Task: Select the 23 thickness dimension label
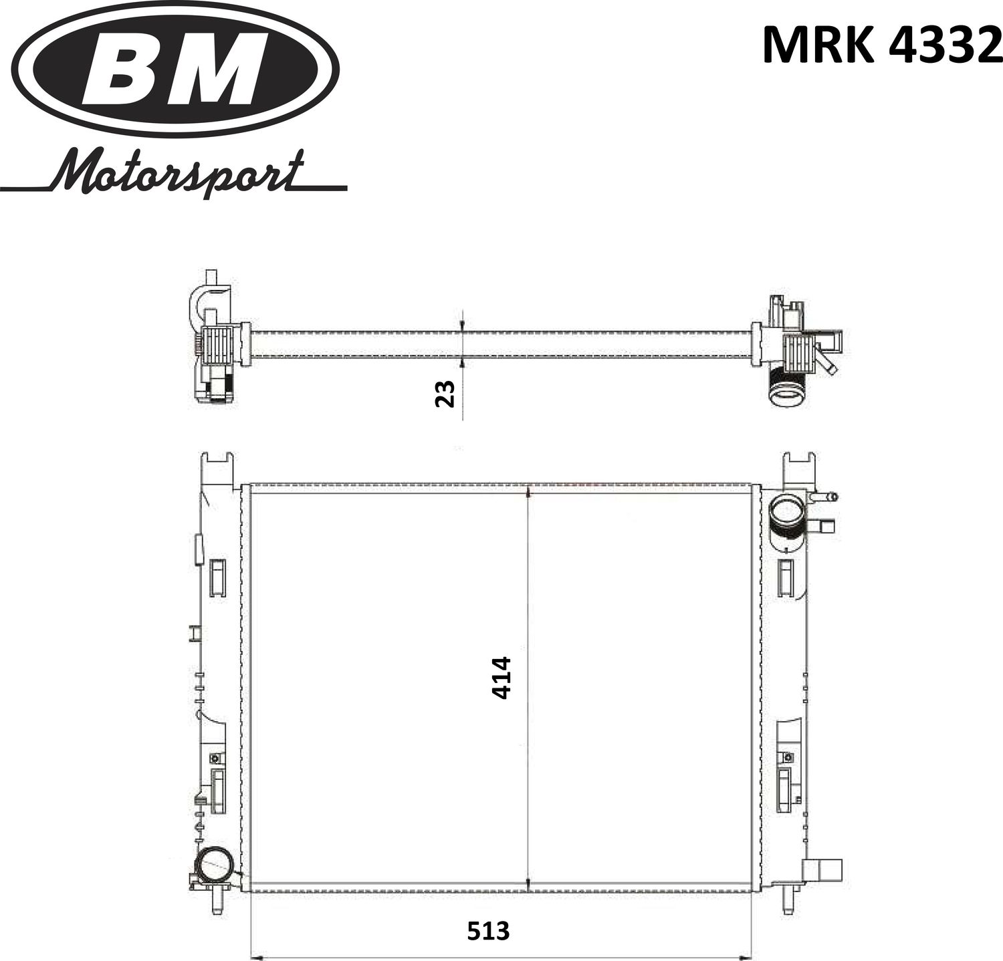pyautogui.click(x=445, y=393)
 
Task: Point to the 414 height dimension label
pyautogui.click(x=501, y=678)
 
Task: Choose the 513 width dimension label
pyautogui.click(x=488, y=930)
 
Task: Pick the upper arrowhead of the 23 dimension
pyautogui.click(x=462, y=326)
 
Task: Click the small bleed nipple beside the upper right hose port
pyautogui.click(x=827, y=497)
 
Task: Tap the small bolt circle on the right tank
pyautogui.click(x=789, y=758)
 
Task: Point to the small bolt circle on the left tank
pyautogui.click(x=215, y=759)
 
